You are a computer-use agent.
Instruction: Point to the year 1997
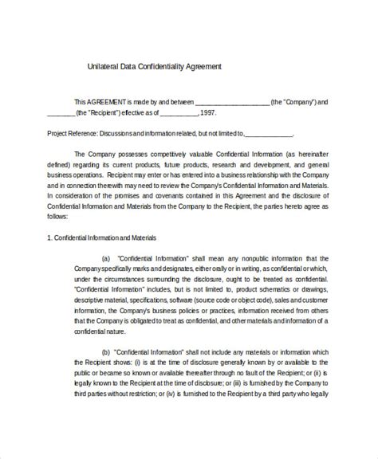[203, 114]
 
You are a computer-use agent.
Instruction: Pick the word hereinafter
[307, 152]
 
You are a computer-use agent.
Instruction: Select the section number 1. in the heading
[50, 237]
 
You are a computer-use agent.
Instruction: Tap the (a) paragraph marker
[106, 259]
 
